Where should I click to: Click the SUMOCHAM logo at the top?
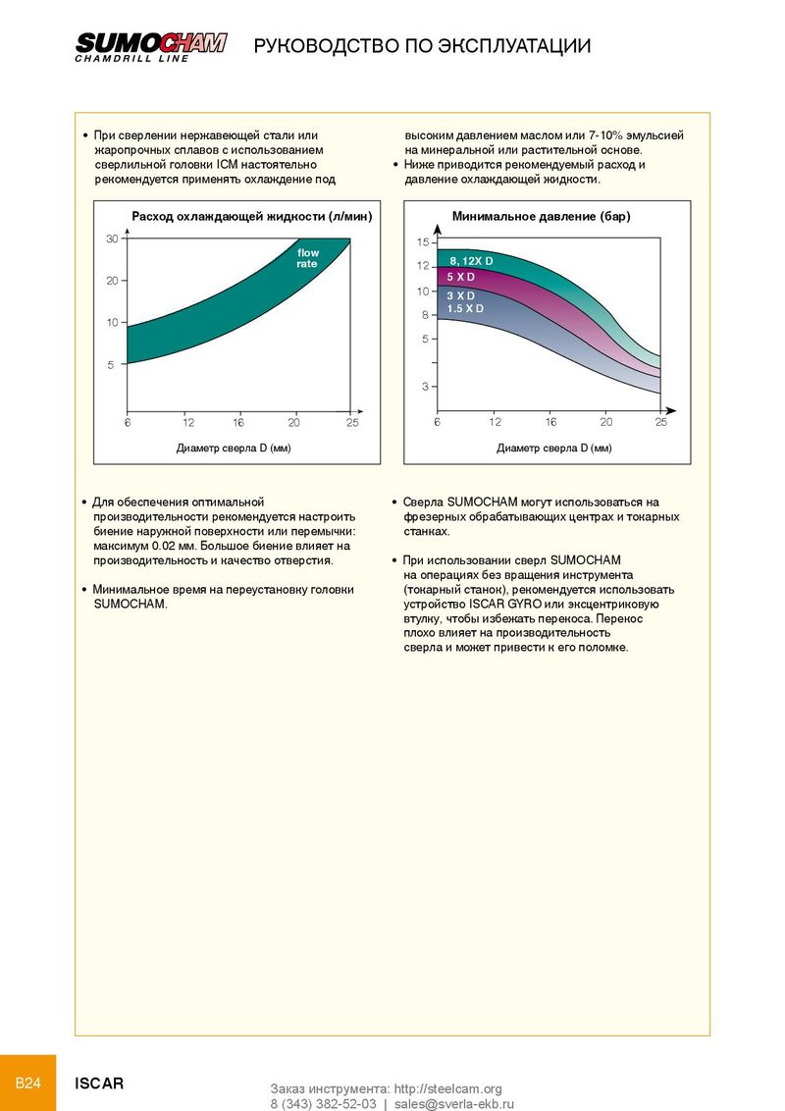pos(151,47)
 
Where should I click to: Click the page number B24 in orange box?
pos(28,1083)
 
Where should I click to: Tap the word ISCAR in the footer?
pos(99,1084)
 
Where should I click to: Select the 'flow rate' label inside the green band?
pos(307,258)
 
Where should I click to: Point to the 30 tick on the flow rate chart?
pos(112,238)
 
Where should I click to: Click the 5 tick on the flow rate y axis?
pos(111,365)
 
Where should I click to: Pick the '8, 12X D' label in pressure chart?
pos(471,261)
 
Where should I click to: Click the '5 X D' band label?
pos(460,277)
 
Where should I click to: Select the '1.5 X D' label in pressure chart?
pos(465,308)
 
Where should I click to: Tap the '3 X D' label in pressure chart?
pos(460,295)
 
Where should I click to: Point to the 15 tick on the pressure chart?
pos(423,242)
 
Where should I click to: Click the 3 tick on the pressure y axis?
pos(425,386)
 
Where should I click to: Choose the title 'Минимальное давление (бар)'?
pos(542,216)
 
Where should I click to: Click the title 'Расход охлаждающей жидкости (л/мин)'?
pos(251,216)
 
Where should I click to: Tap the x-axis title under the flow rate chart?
pos(234,448)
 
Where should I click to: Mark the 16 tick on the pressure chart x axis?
pos(550,422)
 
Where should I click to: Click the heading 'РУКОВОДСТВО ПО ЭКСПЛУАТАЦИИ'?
pos(422,46)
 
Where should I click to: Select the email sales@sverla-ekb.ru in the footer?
pos(454,1104)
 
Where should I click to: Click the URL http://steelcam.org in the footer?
pos(447,1089)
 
